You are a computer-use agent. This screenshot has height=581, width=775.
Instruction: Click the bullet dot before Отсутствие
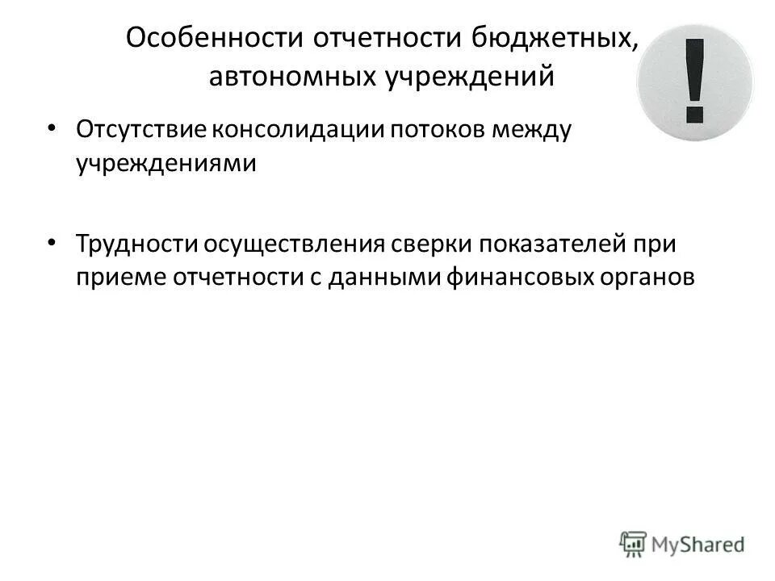52,128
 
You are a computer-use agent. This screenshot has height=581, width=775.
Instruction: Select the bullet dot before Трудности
52,241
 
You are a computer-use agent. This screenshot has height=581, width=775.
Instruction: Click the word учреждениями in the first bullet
165,163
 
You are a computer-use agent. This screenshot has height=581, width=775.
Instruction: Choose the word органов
651,278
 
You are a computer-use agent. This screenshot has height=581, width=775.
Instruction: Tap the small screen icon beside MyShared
634,543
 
